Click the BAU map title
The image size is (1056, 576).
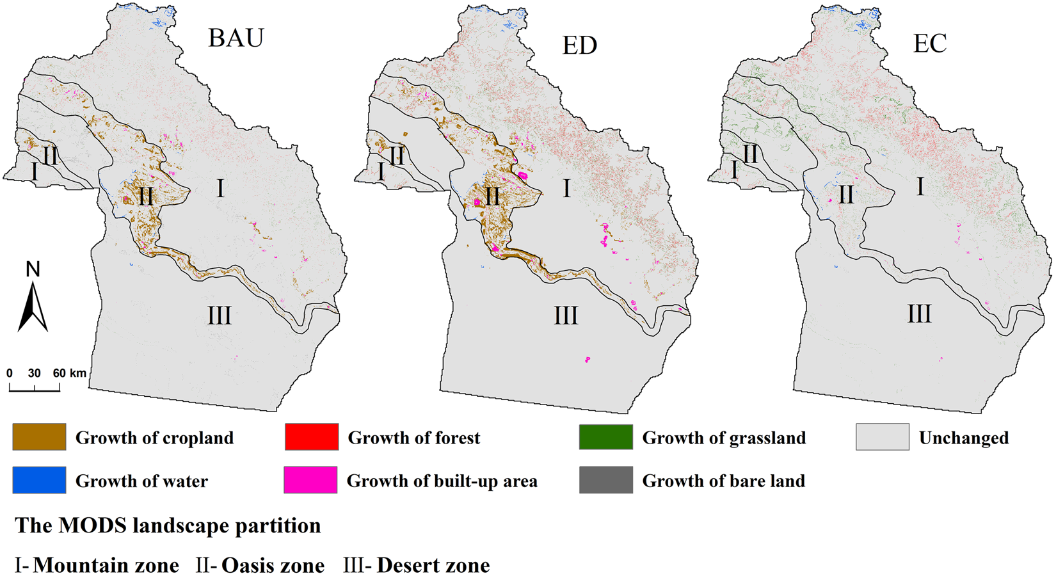tap(236, 38)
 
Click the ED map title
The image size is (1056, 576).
tap(579, 45)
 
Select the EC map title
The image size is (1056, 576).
tap(929, 44)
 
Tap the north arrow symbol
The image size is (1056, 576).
tap(33, 307)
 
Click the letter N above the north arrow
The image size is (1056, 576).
tap(33, 269)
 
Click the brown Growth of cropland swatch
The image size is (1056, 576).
tap(39, 437)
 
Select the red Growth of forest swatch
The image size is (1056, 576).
tap(312, 437)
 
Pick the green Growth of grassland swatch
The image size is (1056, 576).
tap(605, 437)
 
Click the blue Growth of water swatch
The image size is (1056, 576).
tap(39, 480)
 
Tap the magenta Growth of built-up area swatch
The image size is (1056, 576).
tap(311, 480)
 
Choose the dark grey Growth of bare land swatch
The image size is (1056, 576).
tap(605, 480)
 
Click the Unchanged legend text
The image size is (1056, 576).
tap(963, 438)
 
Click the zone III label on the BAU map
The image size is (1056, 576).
tap(219, 316)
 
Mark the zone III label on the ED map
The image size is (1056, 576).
tap(566, 316)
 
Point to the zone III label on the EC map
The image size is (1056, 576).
tap(919, 314)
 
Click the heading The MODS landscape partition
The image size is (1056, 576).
tap(168, 525)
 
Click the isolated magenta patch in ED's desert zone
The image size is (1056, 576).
tap(587, 360)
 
